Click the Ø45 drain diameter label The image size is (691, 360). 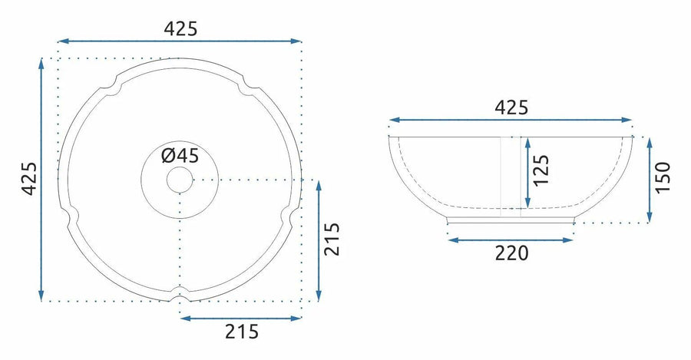point(180,156)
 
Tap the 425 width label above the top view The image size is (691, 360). point(180,29)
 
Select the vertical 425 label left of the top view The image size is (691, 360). point(30,179)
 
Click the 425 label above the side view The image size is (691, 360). point(511,107)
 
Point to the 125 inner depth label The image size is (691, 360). point(541,170)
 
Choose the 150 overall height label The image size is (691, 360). point(663,177)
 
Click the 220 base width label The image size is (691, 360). point(511,253)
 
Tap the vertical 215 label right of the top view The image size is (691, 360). point(332,239)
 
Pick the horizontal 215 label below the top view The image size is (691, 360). point(242,332)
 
